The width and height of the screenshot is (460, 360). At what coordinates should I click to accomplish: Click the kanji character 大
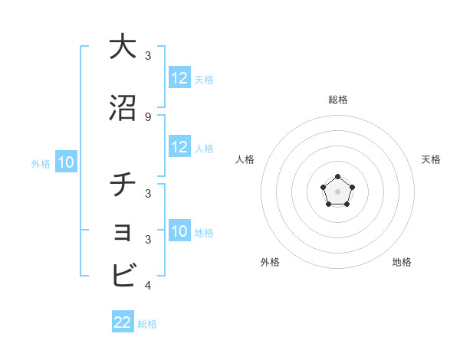pyautogui.click(x=123, y=47)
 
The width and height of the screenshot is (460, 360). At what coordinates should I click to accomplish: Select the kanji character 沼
pyautogui.click(x=123, y=109)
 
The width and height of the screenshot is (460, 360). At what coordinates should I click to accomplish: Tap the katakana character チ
pyautogui.click(x=123, y=186)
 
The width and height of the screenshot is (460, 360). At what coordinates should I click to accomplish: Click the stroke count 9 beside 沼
pyautogui.click(x=147, y=116)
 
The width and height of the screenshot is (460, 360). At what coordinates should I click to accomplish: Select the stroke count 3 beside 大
pyautogui.click(x=147, y=56)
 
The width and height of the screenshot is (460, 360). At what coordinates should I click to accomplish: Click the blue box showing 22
pyautogui.click(x=123, y=322)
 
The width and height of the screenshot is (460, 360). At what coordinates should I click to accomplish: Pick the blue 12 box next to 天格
pyautogui.click(x=179, y=78)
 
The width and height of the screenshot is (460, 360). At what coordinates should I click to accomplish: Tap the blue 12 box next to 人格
pyautogui.click(x=179, y=147)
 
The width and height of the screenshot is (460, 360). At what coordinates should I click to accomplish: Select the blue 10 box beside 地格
pyautogui.click(x=179, y=231)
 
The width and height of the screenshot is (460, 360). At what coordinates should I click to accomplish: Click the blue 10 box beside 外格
pyautogui.click(x=65, y=162)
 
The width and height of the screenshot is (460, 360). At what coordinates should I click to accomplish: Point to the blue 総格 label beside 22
pyautogui.click(x=147, y=324)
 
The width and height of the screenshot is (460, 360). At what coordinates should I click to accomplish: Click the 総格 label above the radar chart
pyautogui.click(x=337, y=100)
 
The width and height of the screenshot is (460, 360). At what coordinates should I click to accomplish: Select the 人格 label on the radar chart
pyautogui.click(x=245, y=159)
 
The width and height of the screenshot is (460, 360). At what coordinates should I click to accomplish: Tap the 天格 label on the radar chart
pyautogui.click(x=431, y=159)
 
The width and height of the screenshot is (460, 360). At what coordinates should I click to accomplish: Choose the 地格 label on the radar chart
pyautogui.click(x=402, y=262)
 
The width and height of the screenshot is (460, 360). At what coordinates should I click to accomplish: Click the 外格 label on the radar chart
pyautogui.click(x=270, y=262)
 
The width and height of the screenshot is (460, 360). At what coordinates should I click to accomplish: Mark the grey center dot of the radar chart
pyautogui.click(x=337, y=191)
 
